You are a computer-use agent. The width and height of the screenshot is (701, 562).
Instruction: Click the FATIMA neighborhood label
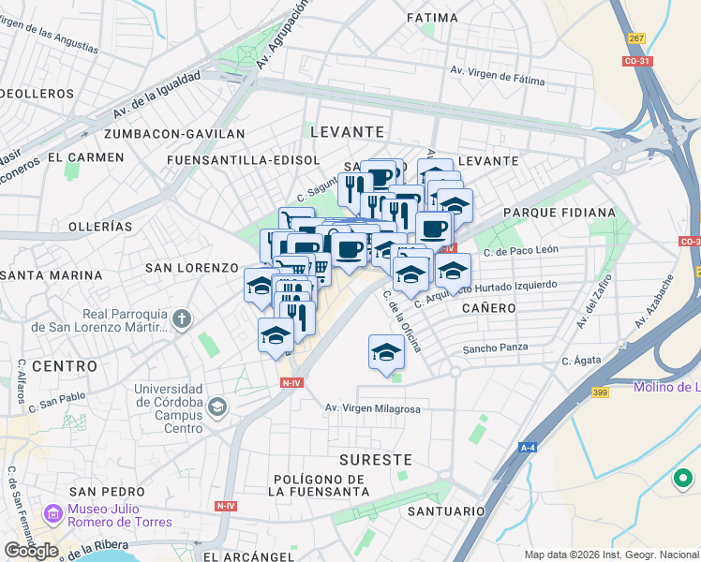click(x=433, y=17)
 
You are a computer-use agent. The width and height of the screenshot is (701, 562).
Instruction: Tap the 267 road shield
click(x=637, y=38)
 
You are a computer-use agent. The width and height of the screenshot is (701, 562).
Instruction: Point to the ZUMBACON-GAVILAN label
click(x=175, y=134)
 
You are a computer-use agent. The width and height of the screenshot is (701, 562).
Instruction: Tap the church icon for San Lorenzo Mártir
click(x=182, y=320)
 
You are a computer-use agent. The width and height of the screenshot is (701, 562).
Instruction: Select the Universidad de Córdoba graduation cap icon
click(x=217, y=407)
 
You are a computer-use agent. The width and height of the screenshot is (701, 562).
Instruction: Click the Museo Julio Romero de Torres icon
click(x=51, y=515)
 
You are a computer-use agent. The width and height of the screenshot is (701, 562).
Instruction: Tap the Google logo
click(x=31, y=551)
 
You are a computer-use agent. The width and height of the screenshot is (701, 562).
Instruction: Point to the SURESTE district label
click(x=375, y=460)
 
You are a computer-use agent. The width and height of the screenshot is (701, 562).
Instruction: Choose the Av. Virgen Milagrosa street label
click(x=372, y=408)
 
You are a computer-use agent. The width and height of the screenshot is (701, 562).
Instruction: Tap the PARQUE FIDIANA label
click(x=559, y=213)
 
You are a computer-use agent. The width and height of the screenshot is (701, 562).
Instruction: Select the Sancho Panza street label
click(x=496, y=348)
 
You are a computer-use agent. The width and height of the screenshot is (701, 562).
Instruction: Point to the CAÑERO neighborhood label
click(x=488, y=307)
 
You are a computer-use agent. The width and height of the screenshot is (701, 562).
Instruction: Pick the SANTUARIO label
click(x=446, y=511)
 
